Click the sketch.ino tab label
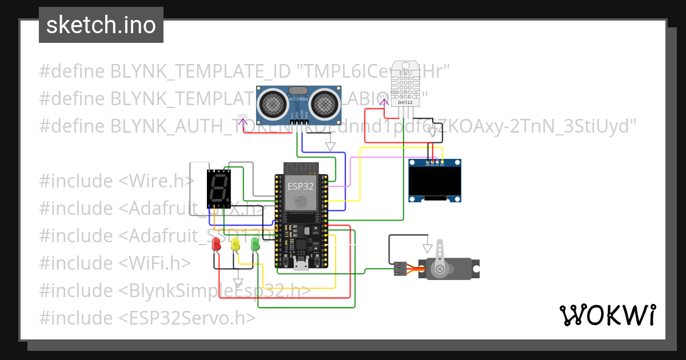pyautogui.click(x=101, y=25)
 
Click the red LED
pyautogui.click(x=216, y=245)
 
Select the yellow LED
pyautogui.click(x=235, y=245)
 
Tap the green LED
pyautogui.click(x=255, y=245)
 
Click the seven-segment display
pyautogui.click(x=218, y=189)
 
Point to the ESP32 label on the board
pyautogui.click(x=300, y=186)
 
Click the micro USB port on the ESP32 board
pyautogui.click(x=301, y=264)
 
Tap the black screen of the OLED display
pyautogui.click(x=435, y=181)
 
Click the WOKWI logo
pyautogui.click(x=607, y=315)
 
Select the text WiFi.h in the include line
pyautogui.click(x=154, y=263)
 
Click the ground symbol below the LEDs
pyautogui.click(x=238, y=282)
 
